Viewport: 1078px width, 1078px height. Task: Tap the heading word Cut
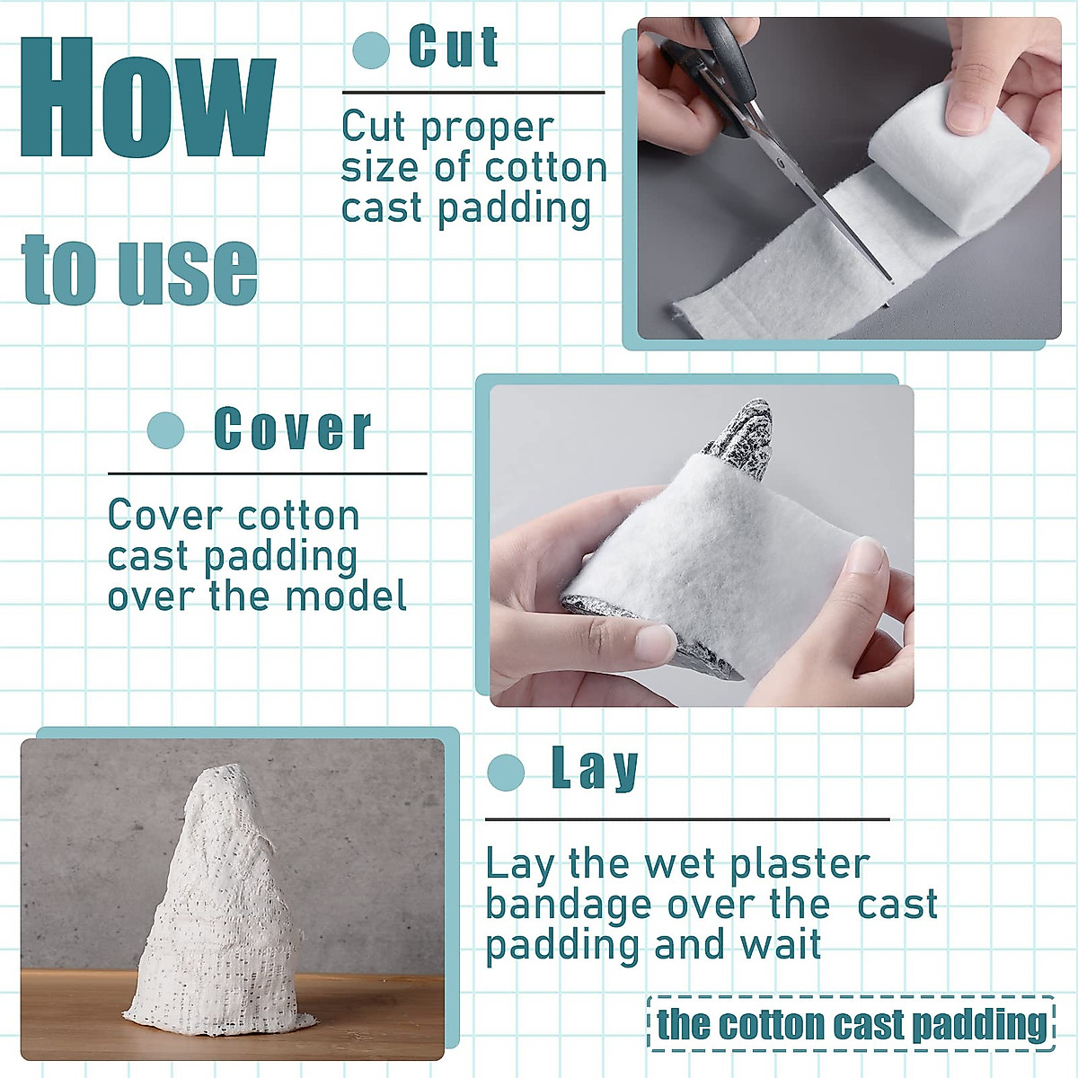pos(453,48)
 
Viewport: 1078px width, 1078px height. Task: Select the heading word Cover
pos(293,429)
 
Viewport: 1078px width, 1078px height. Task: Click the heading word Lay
pos(595,769)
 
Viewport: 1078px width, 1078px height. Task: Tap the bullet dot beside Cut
pos(371,50)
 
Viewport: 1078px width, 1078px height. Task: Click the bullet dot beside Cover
pos(165,430)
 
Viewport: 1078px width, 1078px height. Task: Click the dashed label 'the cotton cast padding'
pos(851,1024)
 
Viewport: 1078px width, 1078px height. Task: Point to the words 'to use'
pos(140,269)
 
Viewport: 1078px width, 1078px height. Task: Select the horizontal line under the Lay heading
pos(687,819)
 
